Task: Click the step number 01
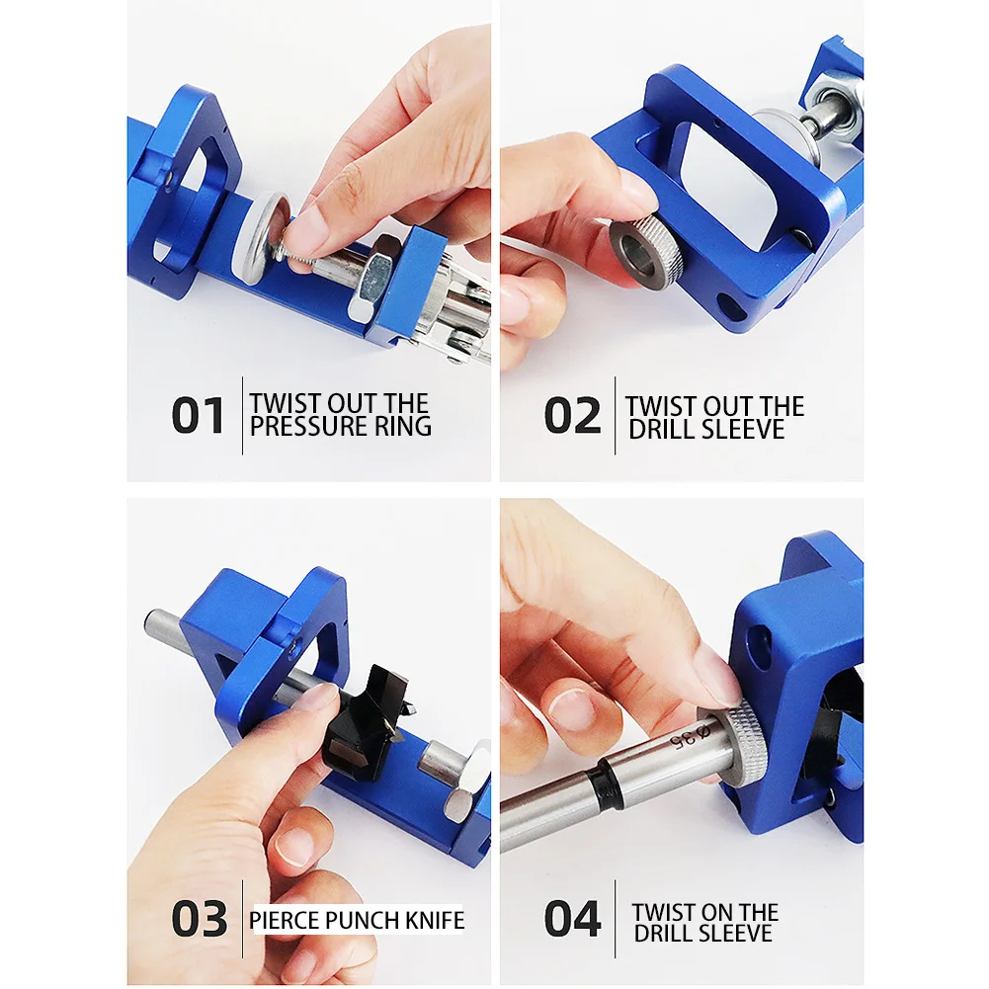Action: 199,415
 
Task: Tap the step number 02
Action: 572,416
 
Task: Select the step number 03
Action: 199,919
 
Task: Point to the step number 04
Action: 572,919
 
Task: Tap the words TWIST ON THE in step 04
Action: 705,912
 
